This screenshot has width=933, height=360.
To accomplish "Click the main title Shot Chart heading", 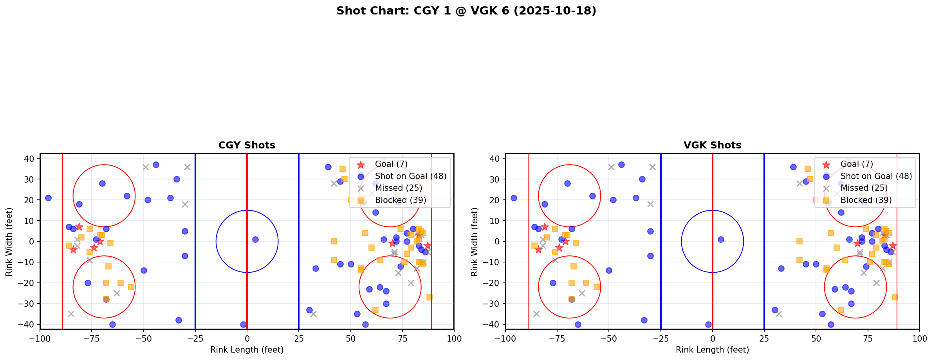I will click(466, 11).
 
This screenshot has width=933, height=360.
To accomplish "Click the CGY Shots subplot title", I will click(247, 145).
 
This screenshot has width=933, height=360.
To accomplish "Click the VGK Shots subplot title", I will click(712, 145).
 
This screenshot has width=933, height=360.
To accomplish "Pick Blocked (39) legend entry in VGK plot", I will click(866, 200).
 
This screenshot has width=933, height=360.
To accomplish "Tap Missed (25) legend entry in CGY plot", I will click(398, 188).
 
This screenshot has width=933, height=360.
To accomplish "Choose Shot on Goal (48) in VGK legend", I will click(876, 176).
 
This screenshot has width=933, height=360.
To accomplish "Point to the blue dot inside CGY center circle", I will click(255, 239).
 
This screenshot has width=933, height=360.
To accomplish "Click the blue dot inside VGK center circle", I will click(721, 239).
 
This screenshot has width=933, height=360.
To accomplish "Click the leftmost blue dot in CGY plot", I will click(48, 198).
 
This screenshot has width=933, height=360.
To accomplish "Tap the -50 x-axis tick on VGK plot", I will click(609, 338).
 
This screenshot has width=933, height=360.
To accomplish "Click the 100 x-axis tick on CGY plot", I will click(454, 338).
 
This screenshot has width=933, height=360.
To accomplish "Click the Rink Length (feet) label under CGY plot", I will click(247, 350).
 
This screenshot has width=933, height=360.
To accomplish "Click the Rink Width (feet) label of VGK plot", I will click(475, 241).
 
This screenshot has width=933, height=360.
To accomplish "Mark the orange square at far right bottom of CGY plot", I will click(429, 297).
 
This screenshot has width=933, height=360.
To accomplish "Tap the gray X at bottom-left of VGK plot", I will click(536, 314).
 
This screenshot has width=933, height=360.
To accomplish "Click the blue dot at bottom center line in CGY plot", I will click(243, 324).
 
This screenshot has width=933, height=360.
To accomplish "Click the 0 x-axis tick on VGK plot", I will click(712, 338).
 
